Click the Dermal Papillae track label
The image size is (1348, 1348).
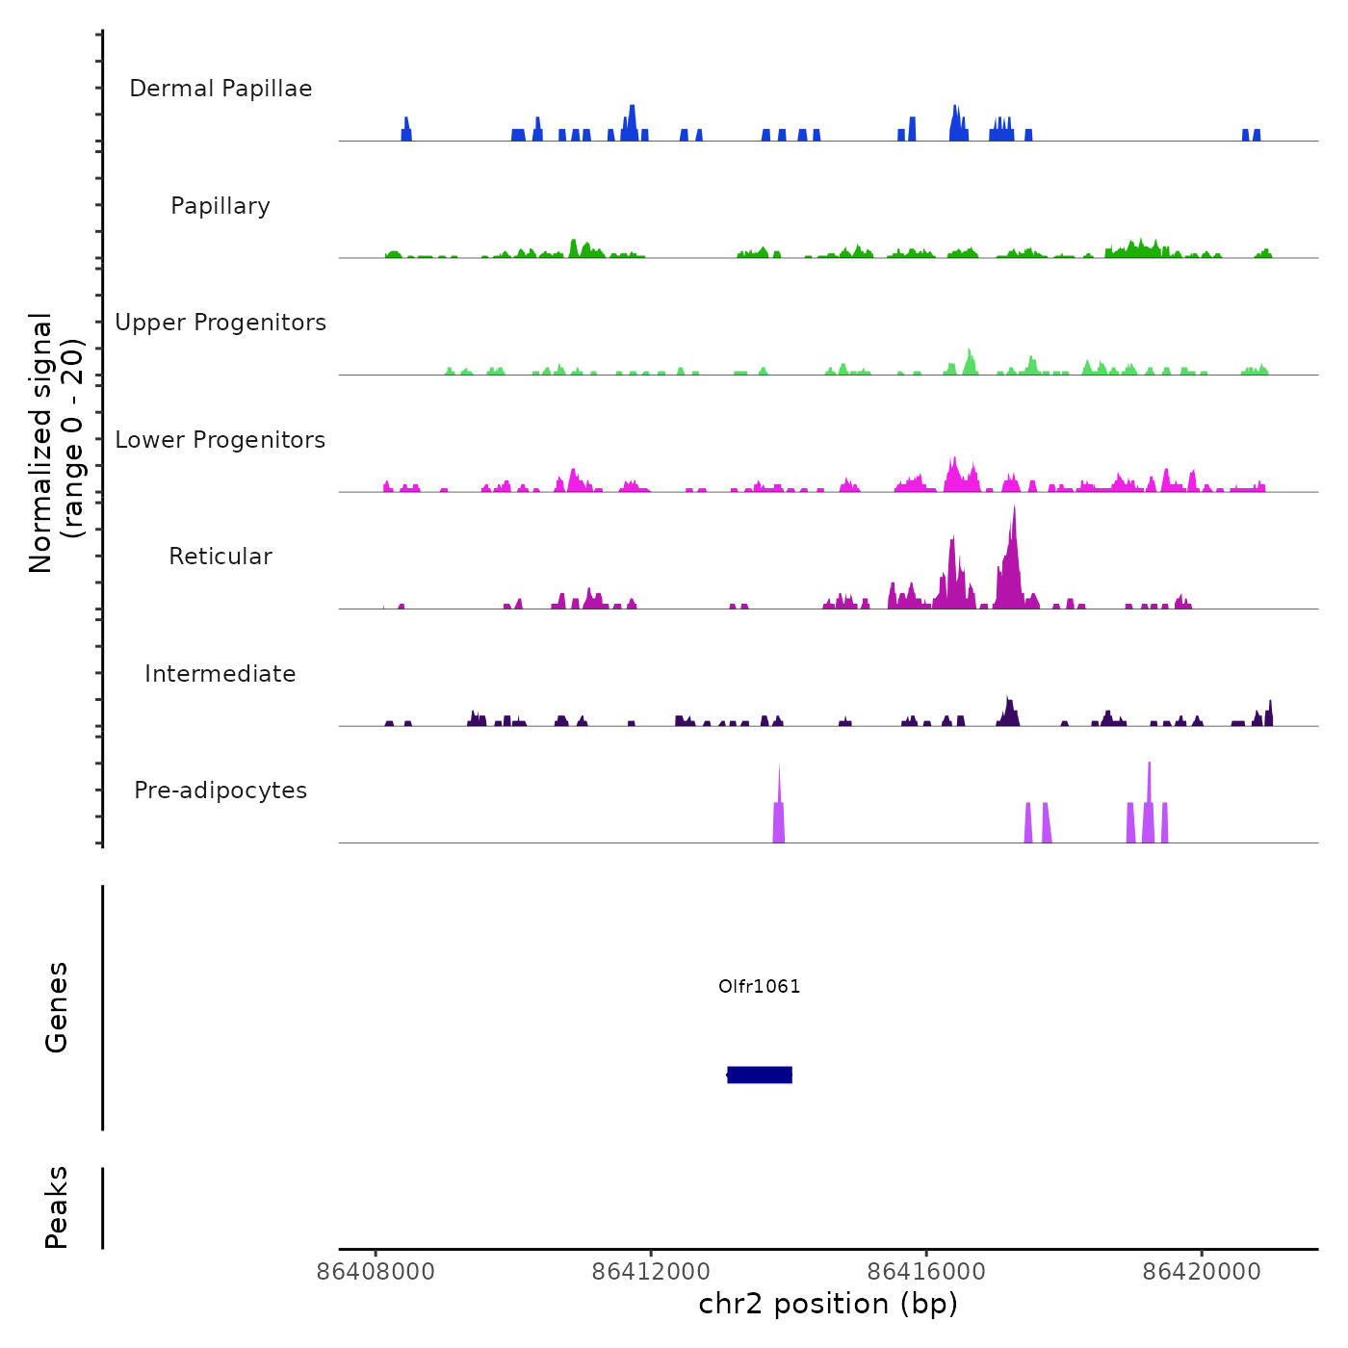tap(220, 89)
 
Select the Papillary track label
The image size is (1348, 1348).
tap(220, 206)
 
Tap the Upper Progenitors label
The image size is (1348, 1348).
tap(220, 323)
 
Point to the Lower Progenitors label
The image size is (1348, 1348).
tap(220, 440)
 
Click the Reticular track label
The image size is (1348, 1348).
tap(220, 557)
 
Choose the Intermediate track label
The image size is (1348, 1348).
tap(220, 674)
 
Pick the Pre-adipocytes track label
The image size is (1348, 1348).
tap(220, 791)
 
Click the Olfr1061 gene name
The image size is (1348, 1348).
tap(760, 986)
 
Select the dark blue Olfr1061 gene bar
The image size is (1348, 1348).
tap(760, 1075)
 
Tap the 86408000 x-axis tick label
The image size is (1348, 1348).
tap(376, 1272)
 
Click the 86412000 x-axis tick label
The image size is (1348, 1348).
tap(651, 1272)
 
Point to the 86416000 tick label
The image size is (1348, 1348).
tap(926, 1272)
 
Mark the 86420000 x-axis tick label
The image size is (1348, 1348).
tap(1202, 1272)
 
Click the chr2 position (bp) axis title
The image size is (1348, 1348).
tap(828, 1305)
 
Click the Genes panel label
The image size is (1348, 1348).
tap(57, 1007)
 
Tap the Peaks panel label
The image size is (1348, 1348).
tap(57, 1207)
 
